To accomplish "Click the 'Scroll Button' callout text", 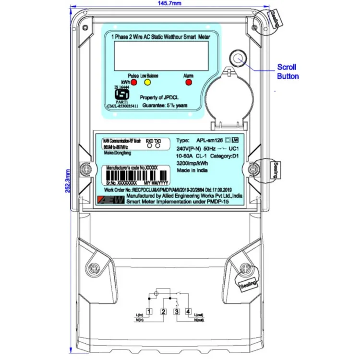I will tap(288, 72).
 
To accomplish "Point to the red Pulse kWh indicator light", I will tap(134, 83).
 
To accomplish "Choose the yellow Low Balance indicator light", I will tap(148, 83).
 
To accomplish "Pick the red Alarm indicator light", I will tap(189, 83).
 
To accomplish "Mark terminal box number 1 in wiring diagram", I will tap(150, 312).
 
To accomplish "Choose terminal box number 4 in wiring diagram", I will tap(188, 312).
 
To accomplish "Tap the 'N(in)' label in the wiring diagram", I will tap(141, 320).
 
